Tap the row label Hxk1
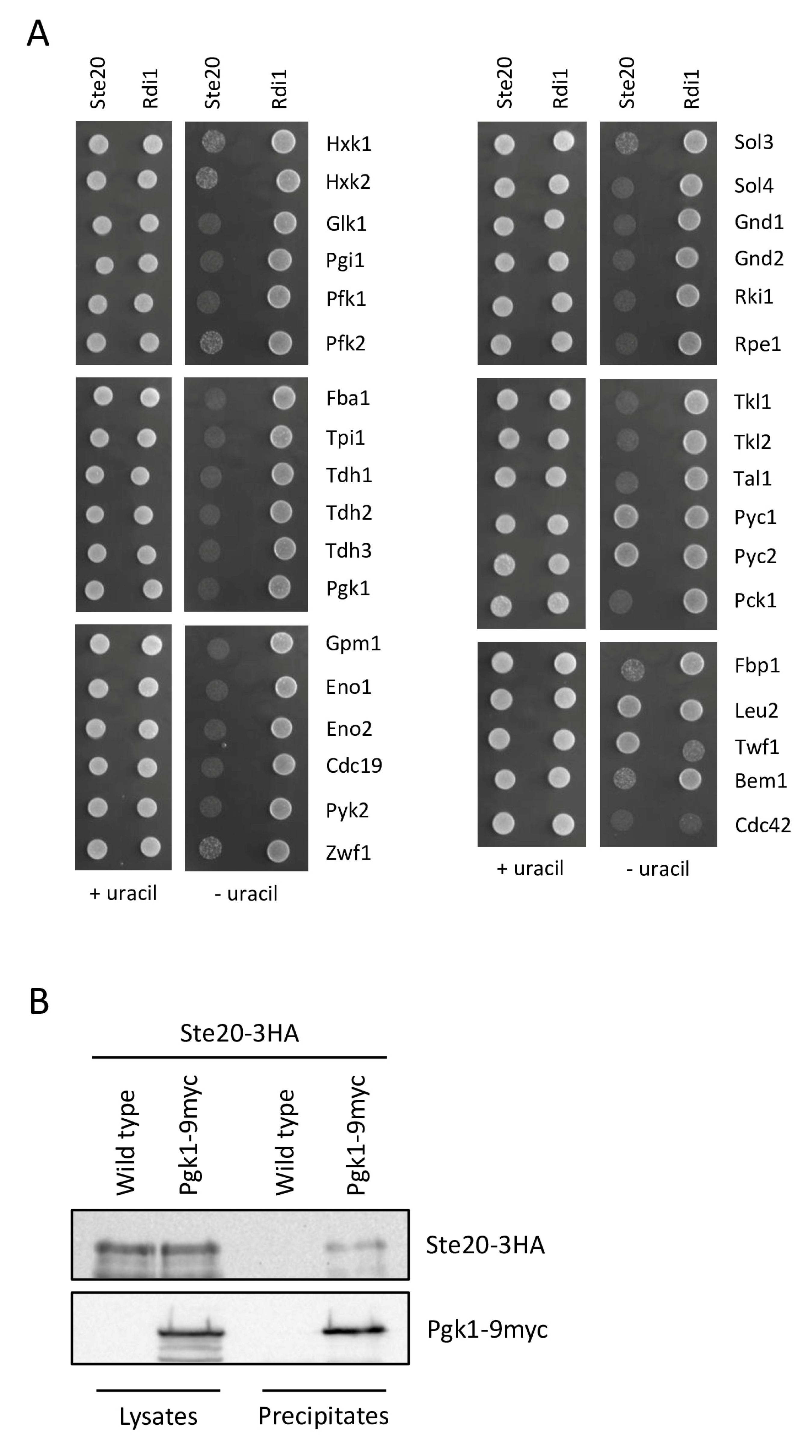[x=348, y=144]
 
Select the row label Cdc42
[x=762, y=825]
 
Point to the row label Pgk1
[x=348, y=588]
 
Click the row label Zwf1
[x=348, y=853]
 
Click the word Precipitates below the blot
[x=323, y=1416]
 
